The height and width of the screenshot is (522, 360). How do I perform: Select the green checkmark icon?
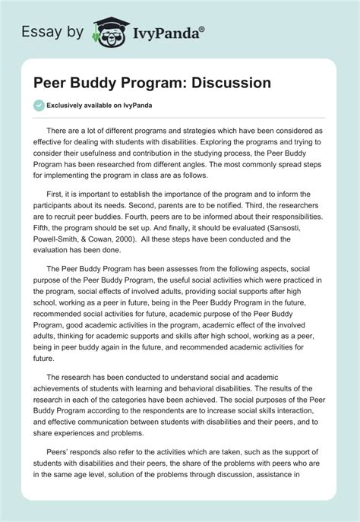39,105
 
